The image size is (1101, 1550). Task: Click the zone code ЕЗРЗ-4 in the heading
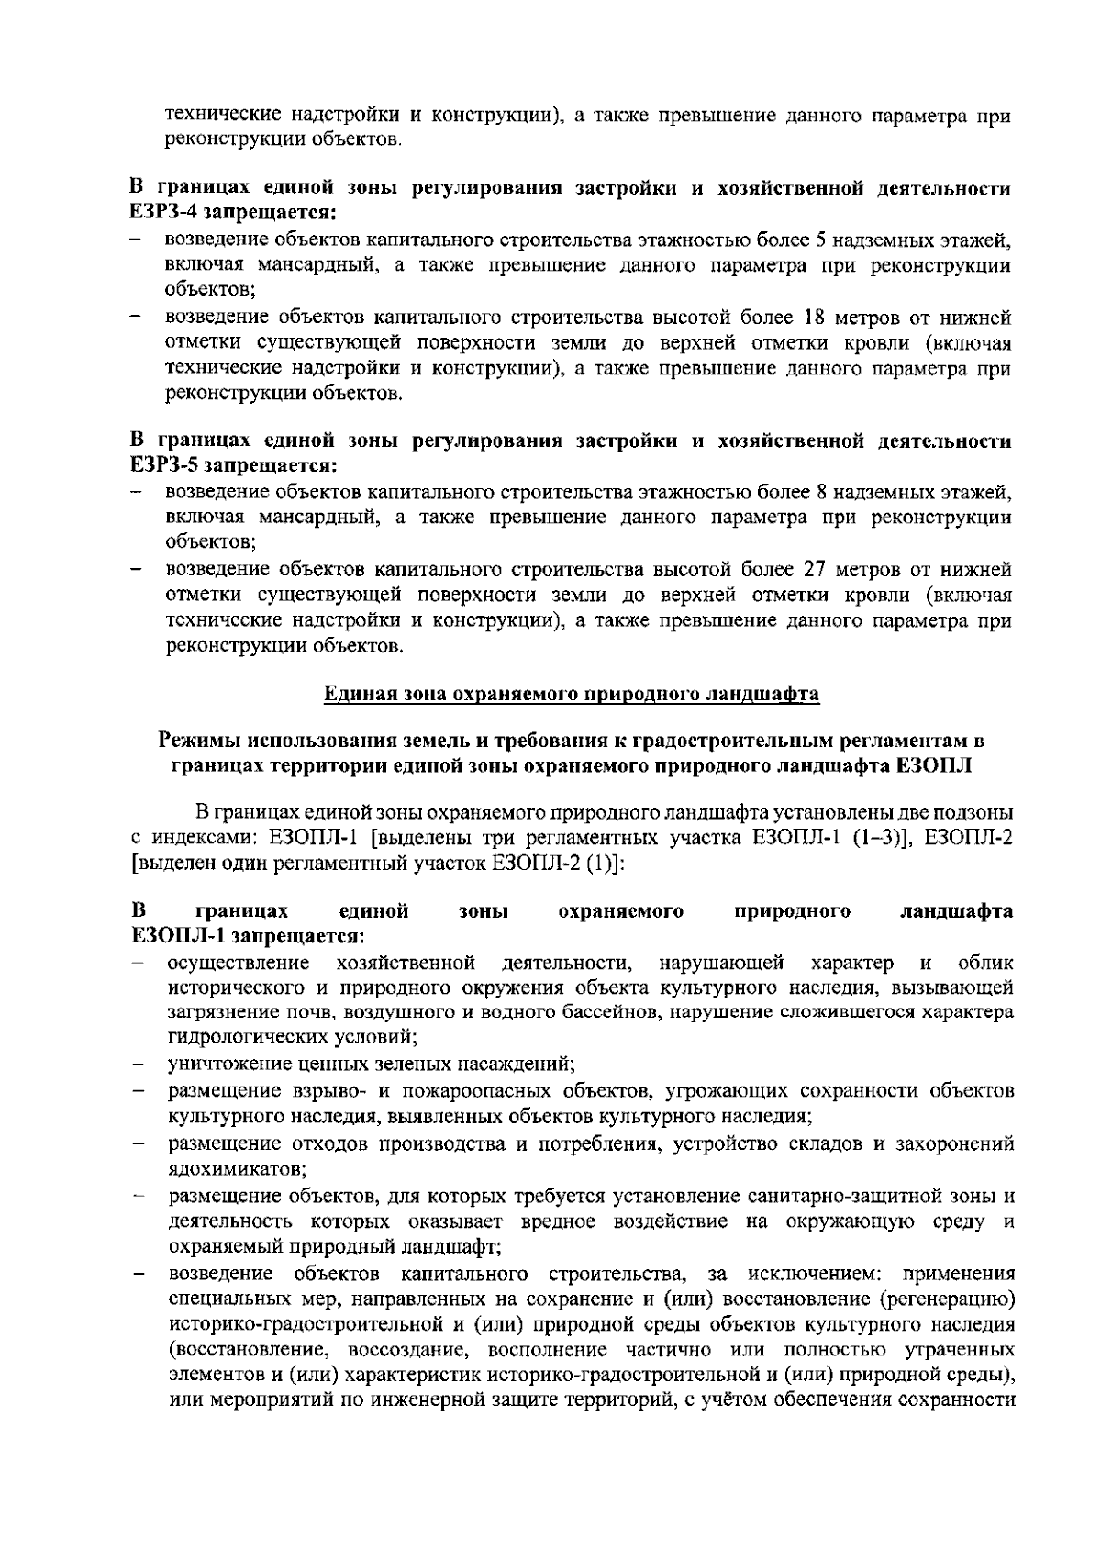pos(164,214)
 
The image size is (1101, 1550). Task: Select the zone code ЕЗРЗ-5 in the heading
pos(164,465)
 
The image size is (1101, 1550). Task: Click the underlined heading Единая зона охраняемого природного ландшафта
pos(571,694)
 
